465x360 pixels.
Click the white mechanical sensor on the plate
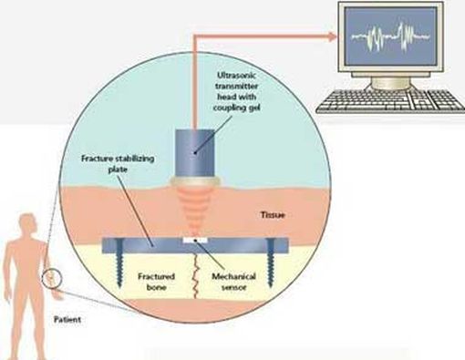(194, 240)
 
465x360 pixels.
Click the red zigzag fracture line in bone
(194, 273)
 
